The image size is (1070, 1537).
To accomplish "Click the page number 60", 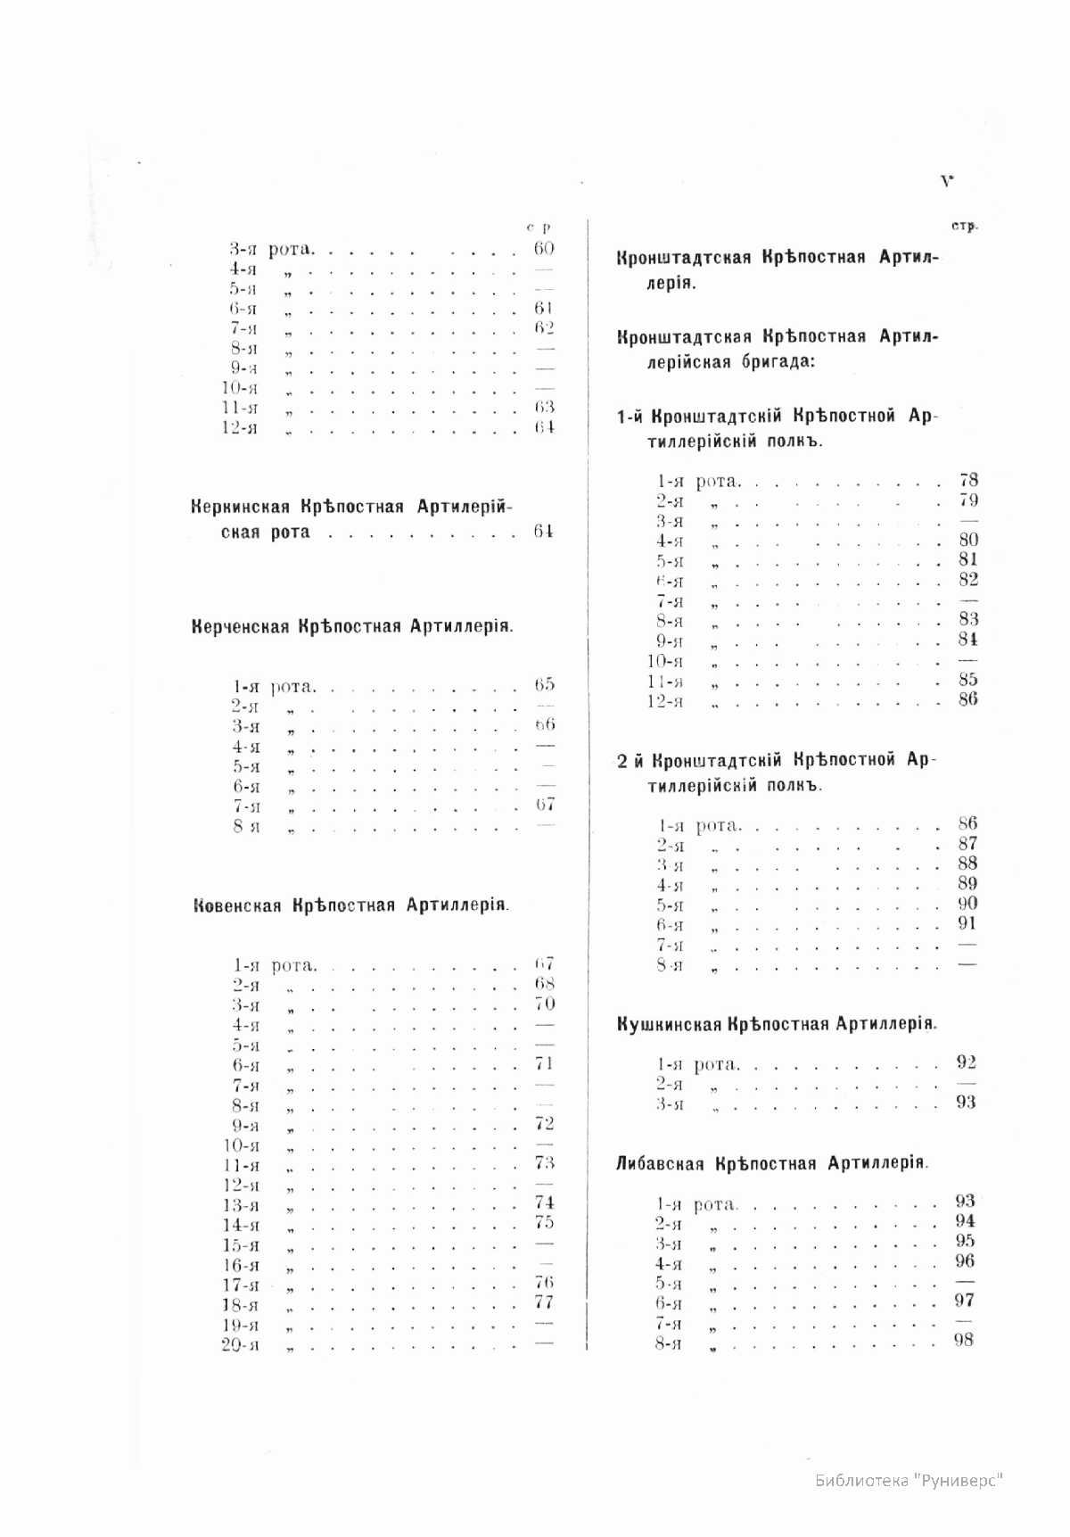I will [x=544, y=249].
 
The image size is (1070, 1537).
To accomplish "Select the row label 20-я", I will [x=240, y=1345].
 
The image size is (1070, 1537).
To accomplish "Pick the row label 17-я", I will [x=240, y=1285].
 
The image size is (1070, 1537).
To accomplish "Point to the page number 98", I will [x=963, y=1340].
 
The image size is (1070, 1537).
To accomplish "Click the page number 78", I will [x=968, y=480].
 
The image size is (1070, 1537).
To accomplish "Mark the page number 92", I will [x=966, y=1062].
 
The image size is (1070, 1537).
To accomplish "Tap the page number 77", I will [x=544, y=1302].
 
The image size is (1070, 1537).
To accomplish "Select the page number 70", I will [x=544, y=1004].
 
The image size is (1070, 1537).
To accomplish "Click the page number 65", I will [x=544, y=685].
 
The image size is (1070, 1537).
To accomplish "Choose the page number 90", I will [x=967, y=904].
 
